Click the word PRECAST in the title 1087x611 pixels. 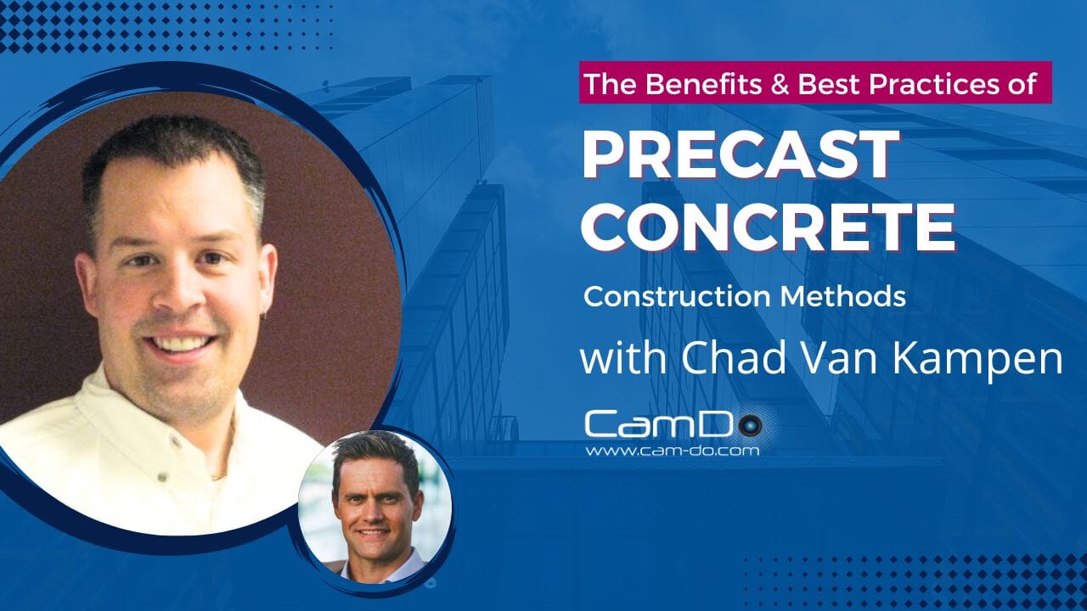click(x=740, y=155)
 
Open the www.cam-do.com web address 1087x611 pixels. click(x=672, y=451)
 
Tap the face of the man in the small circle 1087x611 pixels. click(x=375, y=507)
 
